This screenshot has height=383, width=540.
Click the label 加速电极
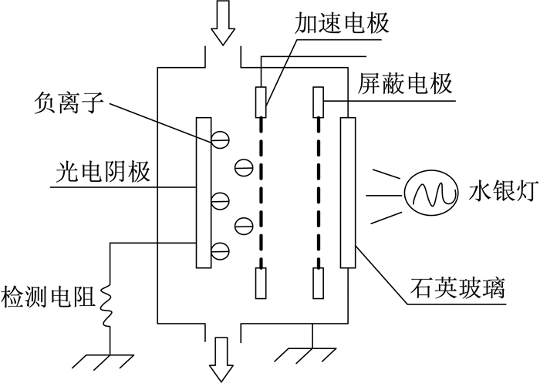pos(341,23)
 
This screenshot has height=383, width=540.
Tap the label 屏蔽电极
pos(404,85)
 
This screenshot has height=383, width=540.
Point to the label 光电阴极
pos(103,172)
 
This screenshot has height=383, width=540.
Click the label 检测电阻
pos(48,296)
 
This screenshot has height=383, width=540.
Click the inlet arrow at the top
pos(223,22)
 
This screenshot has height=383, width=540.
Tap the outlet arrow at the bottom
pos(223,360)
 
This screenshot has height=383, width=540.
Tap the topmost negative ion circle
pos(220,139)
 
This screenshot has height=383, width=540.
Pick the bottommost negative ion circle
pos(220,251)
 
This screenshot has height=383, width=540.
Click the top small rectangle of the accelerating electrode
pos(261,102)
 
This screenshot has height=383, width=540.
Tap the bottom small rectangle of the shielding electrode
pos(318,284)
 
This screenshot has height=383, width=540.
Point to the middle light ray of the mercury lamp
pos(383,196)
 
